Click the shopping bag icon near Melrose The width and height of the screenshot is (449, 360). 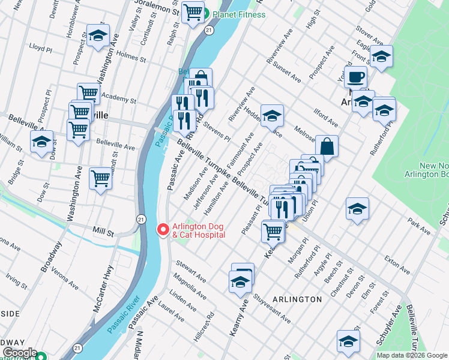tap(327, 146)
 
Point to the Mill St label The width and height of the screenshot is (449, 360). tap(103, 230)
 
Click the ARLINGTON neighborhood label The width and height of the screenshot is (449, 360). tap(297, 299)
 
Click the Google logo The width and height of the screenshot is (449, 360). tap(19, 352)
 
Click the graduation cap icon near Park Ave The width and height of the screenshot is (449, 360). tap(357, 208)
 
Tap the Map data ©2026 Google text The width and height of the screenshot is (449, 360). tap(411, 355)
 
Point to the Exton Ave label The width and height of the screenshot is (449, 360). tap(397, 261)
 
